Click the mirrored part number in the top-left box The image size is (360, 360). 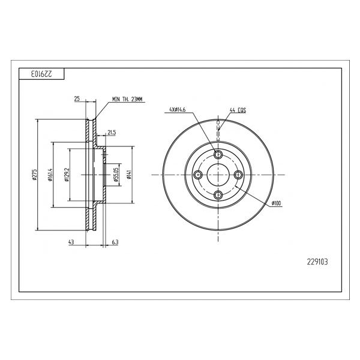pos(41,74)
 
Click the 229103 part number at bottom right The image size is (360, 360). pos(317,262)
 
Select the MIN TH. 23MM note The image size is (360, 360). pos(127,99)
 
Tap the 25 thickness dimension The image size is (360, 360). pos(77,99)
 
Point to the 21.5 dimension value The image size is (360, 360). pos(112,133)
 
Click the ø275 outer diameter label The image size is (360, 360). pos(34,175)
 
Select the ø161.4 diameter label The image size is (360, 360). pos(50,175)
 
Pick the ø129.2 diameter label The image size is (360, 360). pos(67,175)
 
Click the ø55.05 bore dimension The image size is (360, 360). pos(116,175)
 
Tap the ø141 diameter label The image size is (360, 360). pos(129,175)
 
